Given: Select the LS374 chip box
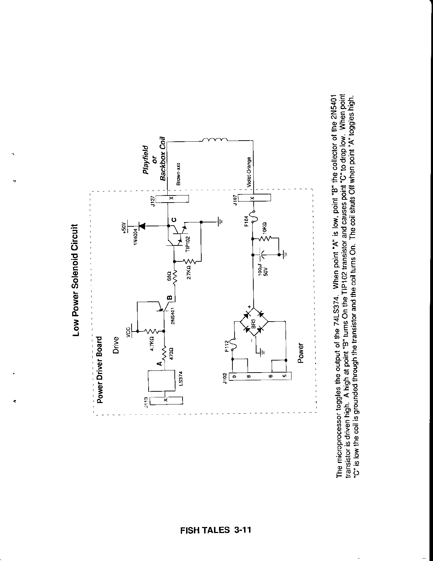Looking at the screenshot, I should pos(161,380).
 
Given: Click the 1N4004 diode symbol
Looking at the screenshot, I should pos(143,225).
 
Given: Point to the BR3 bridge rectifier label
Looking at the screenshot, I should pos(253,323).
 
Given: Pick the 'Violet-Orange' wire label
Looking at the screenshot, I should pos(249,172).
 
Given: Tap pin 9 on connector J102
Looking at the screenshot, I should pos(234,376).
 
